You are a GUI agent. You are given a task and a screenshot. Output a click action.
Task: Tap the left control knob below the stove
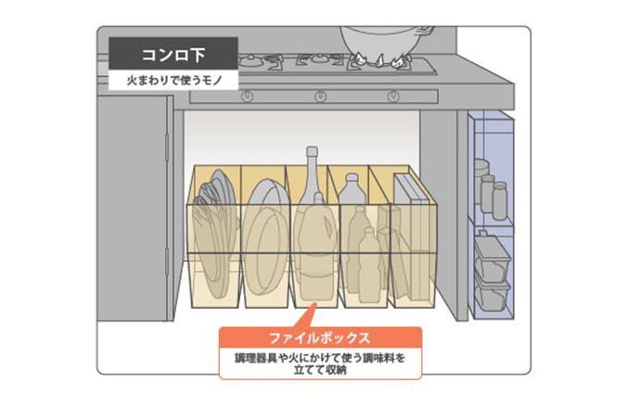pos(247,96)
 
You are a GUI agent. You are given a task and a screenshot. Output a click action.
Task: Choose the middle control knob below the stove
pos(320,96)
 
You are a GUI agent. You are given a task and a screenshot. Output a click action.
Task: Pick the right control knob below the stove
pos(393,96)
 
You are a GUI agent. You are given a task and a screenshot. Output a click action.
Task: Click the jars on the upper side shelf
pos(491,190)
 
